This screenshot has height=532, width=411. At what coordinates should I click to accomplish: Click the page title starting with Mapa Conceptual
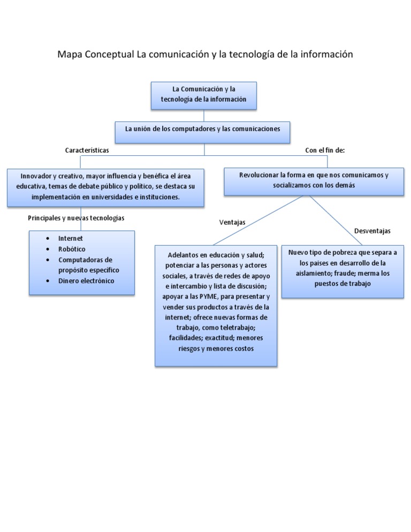click(205, 55)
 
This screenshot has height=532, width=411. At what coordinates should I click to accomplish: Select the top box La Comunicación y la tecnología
click(204, 95)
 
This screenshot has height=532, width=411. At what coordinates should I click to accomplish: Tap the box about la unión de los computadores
click(204, 129)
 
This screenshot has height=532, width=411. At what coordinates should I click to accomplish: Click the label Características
click(87, 150)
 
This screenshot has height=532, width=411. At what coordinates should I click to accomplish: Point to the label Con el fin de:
click(325, 150)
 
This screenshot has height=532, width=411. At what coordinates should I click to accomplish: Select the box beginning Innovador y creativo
click(105, 187)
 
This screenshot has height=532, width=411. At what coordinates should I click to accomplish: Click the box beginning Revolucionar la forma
click(314, 180)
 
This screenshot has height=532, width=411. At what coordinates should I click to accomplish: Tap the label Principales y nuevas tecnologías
click(76, 218)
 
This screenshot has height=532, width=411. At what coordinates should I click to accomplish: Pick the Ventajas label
click(232, 222)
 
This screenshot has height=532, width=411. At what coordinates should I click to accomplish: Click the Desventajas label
click(372, 231)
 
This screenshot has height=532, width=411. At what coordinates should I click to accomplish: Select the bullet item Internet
click(71, 238)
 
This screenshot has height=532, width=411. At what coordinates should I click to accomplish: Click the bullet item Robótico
click(72, 249)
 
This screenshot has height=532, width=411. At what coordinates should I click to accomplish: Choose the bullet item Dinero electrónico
click(86, 281)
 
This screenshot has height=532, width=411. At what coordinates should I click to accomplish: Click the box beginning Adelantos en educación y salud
click(216, 305)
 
